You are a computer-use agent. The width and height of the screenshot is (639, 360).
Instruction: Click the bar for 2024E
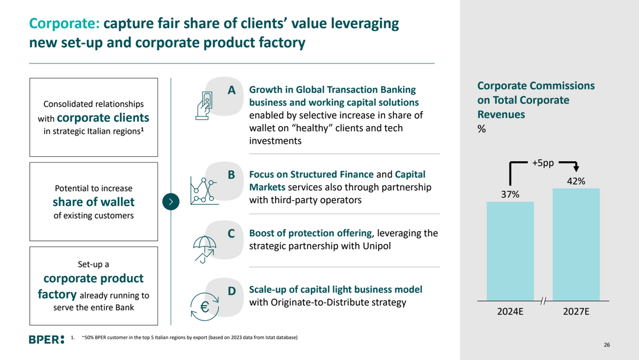point(510,251)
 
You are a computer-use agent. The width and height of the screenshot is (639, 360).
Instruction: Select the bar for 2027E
point(576,244)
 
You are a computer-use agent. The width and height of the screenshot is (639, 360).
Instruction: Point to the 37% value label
point(510,195)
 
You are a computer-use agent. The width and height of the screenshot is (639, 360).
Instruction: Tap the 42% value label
point(576,181)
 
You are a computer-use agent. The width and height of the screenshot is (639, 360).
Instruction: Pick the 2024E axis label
point(510,311)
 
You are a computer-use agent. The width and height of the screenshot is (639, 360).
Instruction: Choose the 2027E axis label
point(576,311)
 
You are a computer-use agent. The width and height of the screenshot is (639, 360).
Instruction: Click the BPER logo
point(46,339)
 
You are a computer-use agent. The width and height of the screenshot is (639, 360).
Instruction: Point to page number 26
point(606,345)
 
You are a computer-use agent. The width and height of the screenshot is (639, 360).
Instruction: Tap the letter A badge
point(232,90)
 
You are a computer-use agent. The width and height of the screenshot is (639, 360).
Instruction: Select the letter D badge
point(232,291)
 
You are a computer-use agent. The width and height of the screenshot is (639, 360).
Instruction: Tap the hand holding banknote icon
point(205,105)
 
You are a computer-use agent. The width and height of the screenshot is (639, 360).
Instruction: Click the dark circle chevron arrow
point(170,202)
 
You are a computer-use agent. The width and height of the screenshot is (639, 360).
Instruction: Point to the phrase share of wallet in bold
point(93,202)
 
